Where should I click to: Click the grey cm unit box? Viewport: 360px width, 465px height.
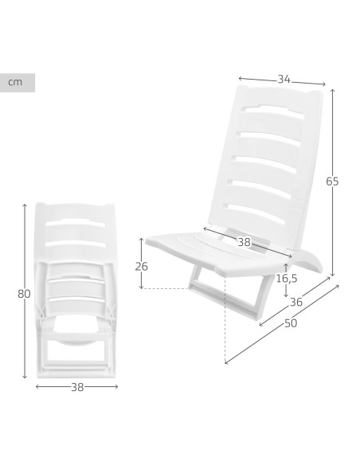[18, 83]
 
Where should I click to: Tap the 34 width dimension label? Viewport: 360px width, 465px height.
[284, 79]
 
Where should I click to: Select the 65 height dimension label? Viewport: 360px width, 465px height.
[332, 182]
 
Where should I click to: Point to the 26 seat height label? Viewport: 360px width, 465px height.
[141, 267]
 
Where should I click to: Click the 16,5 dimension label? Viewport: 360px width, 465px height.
[287, 279]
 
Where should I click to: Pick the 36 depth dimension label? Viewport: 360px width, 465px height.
[296, 303]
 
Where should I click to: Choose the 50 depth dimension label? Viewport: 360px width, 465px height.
[291, 323]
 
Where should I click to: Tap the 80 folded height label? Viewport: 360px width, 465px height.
[24, 294]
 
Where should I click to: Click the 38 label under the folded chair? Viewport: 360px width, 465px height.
[77, 387]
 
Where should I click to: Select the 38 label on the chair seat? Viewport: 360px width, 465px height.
[244, 242]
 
